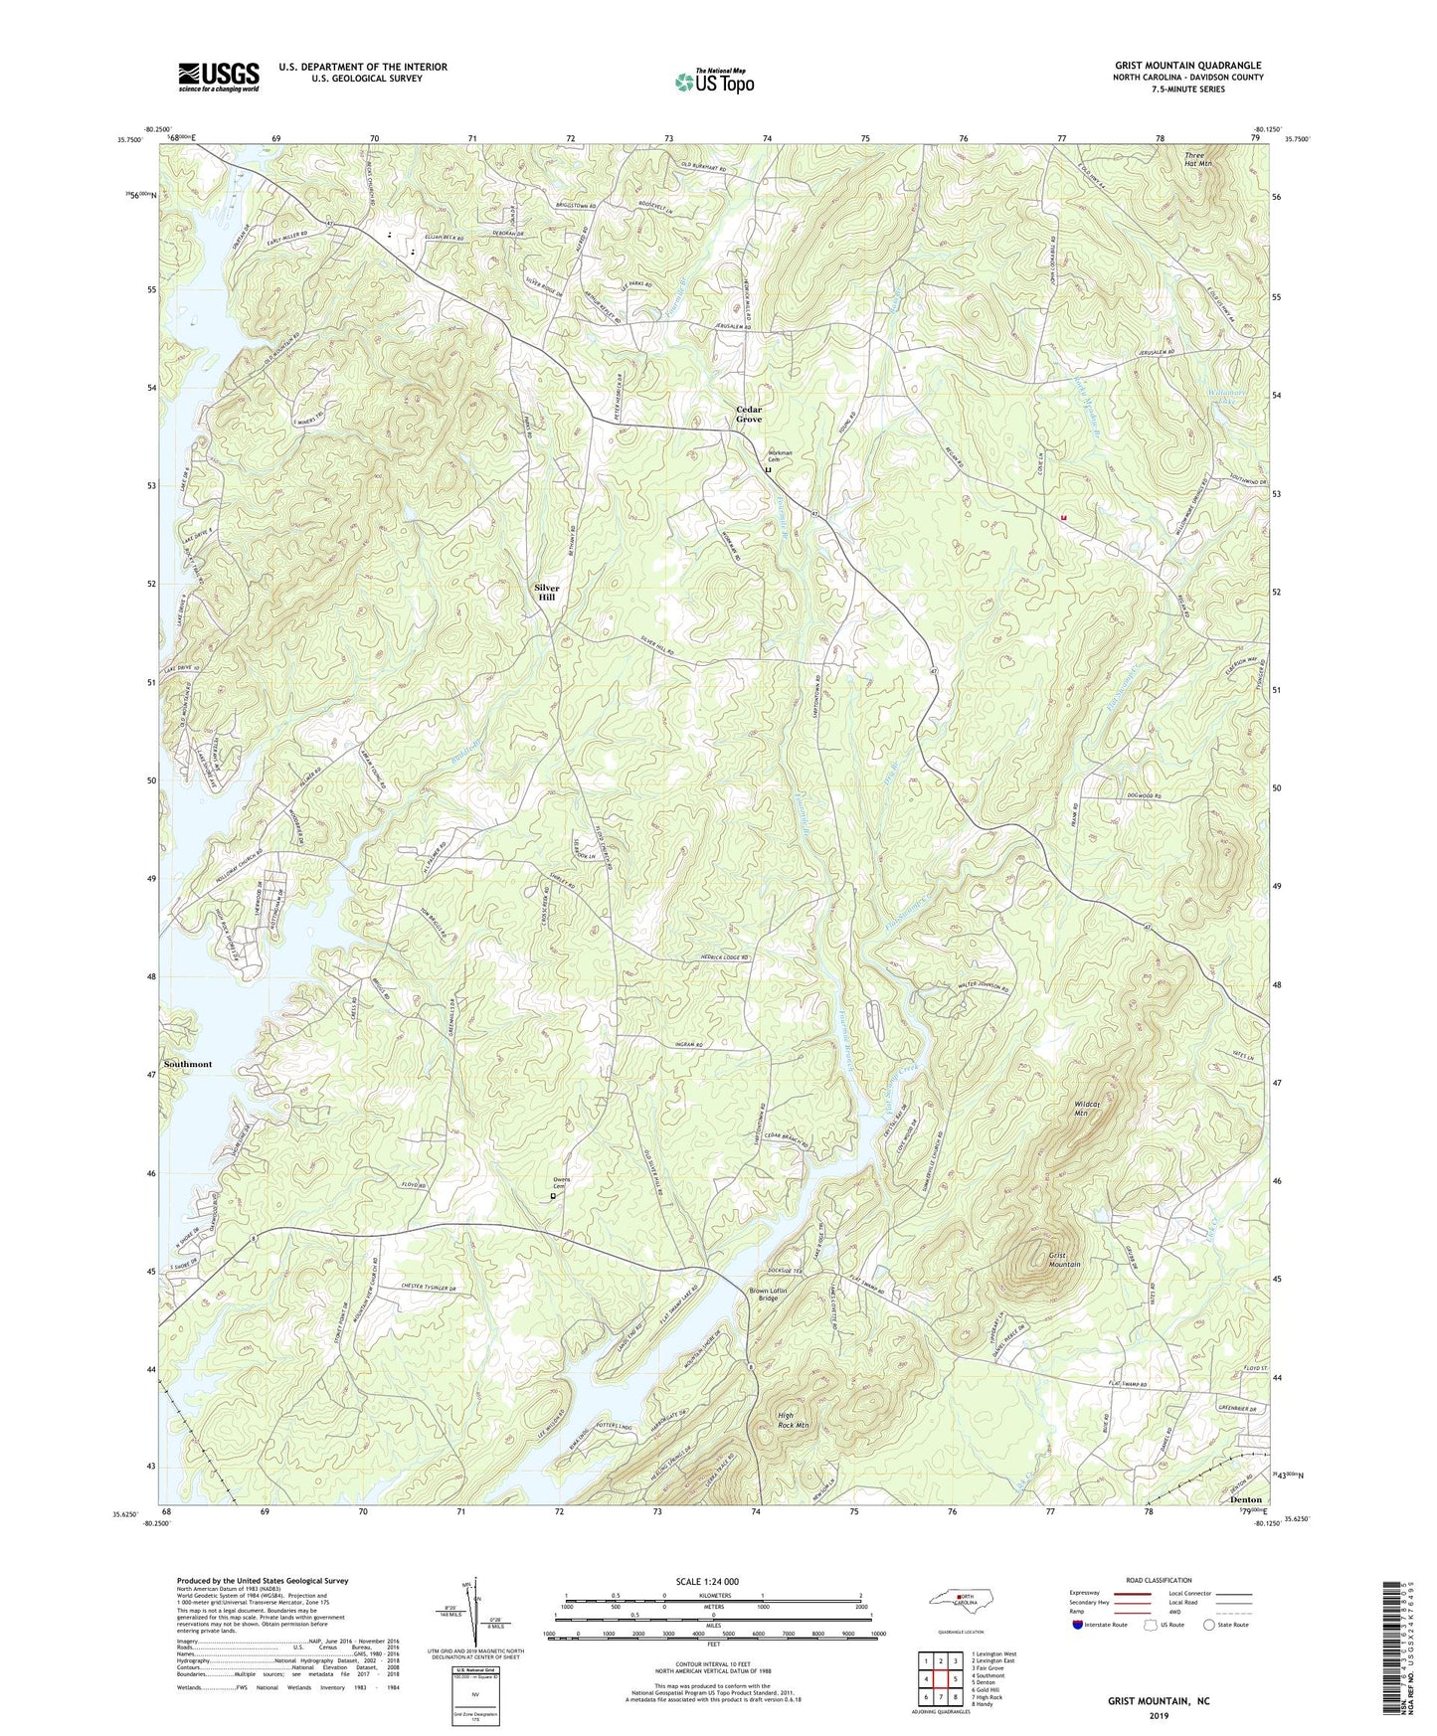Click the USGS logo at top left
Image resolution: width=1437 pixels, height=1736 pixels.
218,77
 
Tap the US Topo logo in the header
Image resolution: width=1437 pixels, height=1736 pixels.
713,82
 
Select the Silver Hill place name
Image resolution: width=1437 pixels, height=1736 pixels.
547,593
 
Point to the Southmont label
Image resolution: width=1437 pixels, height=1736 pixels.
188,1064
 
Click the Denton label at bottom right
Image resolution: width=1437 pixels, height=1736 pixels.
1245,1499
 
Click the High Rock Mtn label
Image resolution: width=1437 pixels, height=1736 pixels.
793,1420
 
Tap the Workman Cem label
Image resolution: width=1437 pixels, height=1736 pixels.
779,454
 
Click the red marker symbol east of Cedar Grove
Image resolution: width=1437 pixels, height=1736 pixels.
1064,517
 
